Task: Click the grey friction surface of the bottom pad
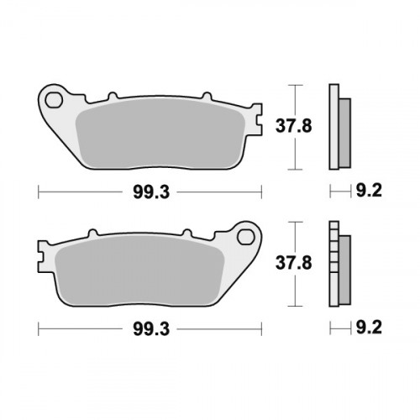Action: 143,269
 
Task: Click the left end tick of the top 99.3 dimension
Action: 39,192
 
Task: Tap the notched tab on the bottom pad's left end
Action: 42,249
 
